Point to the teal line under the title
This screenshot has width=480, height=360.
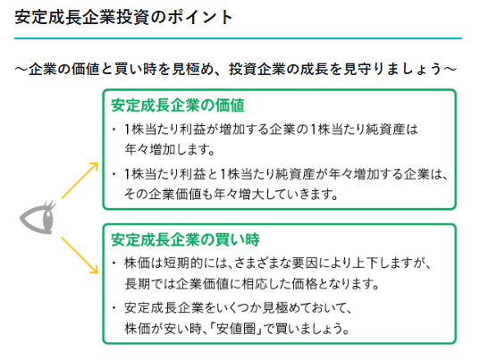238,38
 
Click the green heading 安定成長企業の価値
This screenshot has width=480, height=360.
178,105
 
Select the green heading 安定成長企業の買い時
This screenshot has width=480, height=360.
185,239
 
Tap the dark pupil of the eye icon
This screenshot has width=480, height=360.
47,219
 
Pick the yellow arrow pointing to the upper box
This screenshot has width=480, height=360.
80,180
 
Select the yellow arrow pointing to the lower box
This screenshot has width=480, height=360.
80,255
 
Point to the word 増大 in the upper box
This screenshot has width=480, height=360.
252,195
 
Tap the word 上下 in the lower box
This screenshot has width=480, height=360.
366,264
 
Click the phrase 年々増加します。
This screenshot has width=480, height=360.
170,150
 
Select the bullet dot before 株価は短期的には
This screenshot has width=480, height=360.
114,263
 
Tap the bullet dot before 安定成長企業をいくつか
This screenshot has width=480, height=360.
114,307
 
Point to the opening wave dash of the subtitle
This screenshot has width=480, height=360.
21,70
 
